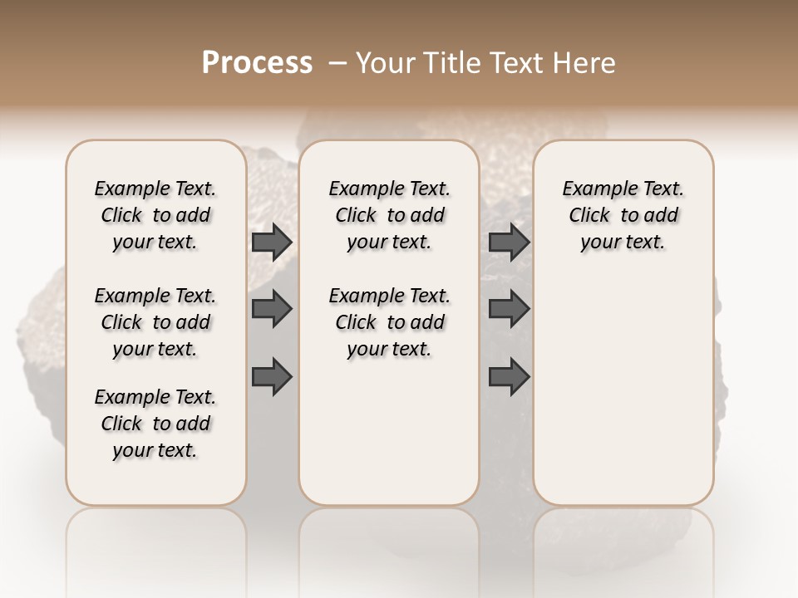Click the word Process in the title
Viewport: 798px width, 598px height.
pyautogui.click(x=257, y=62)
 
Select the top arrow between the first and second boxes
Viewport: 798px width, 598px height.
pyautogui.click(x=272, y=243)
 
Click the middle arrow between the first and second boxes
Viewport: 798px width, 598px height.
pyautogui.click(x=272, y=309)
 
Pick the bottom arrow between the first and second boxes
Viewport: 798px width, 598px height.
pyautogui.click(x=272, y=376)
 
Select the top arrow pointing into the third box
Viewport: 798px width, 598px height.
pyautogui.click(x=510, y=243)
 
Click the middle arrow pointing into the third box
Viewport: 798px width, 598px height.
pyautogui.click(x=510, y=309)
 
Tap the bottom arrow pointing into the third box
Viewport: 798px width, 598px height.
pyautogui.click(x=510, y=376)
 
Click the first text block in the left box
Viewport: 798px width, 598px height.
pyautogui.click(x=155, y=215)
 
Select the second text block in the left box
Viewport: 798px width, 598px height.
pyautogui.click(x=155, y=322)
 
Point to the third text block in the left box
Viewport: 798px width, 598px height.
pyautogui.click(x=155, y=424)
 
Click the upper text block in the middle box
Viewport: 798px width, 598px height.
pyautogui.click(x=389, y=215)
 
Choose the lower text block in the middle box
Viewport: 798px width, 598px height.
pyautogui.click(x=389, y=322)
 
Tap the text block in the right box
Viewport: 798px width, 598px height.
pyautogui.click(x=623, y=215)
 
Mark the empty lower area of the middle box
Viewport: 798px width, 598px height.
pyautogui.click(x=389, y=432)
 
